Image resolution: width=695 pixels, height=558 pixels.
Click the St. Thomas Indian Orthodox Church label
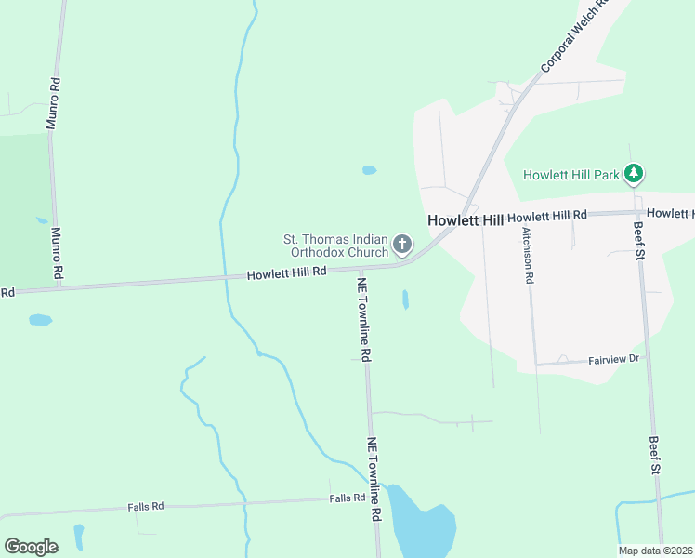(335, 246)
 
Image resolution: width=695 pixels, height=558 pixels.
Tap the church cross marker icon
(402, 245)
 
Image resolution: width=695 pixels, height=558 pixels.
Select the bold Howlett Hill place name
(465, 220)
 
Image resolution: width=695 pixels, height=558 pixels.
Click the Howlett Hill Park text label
(571, 175)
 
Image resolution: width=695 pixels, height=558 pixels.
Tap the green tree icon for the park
(634, 174)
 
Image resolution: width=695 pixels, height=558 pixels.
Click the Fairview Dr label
(614, 359)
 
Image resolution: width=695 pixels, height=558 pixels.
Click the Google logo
(31, 546)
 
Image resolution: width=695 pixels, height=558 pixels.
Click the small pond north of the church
(369, 170)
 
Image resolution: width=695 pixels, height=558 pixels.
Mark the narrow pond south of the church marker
(405, 299)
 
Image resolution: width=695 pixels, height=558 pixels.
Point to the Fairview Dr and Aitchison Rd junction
(536, 364)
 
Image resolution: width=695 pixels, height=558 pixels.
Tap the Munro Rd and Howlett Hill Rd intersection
(59, 286)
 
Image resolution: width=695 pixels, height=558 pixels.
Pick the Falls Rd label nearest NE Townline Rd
(347, 498)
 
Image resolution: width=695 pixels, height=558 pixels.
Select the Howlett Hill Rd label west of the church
(286, 272)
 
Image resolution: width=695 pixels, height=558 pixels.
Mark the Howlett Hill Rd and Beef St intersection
(638, 212)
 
